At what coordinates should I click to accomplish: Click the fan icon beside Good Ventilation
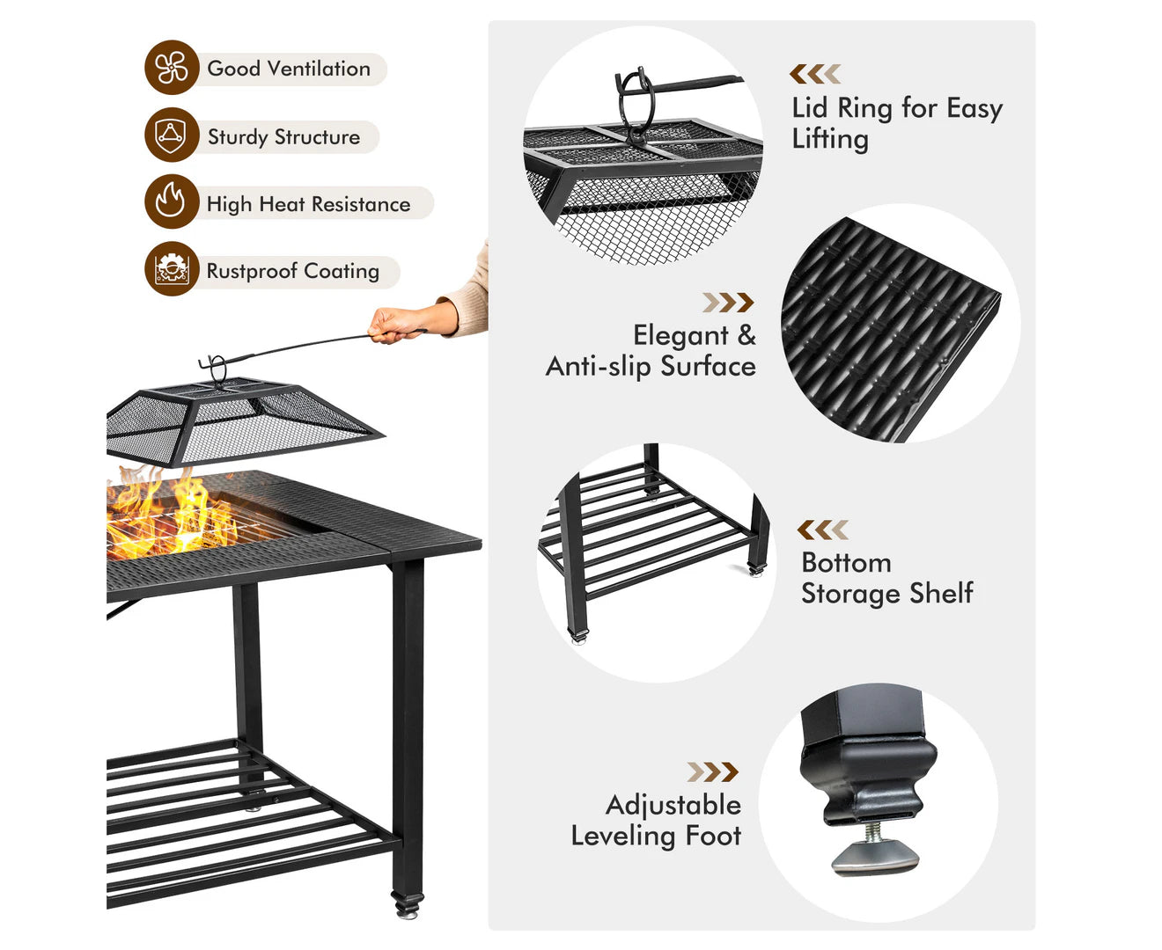[x=172, y=68]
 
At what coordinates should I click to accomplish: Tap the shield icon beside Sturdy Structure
[x=172, y=135]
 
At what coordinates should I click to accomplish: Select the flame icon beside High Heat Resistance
[x=172, y=201]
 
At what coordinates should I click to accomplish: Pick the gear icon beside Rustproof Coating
[x=172, y=269]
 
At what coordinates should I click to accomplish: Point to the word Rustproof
[x=252, y=272]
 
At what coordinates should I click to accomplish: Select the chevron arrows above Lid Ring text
[x=815, y=74]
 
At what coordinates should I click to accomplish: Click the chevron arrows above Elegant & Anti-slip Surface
[x=728, y=303]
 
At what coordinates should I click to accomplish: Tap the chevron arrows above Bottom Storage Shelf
[x=822, y=530]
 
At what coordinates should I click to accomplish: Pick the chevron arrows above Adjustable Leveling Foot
[x=712, y=771]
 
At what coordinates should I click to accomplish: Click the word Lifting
[x=830, y=139]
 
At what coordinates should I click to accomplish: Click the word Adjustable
[x=673, y=805]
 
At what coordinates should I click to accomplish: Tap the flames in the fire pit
[x=172, y=514]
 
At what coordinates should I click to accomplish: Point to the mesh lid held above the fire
[x=241, y=420]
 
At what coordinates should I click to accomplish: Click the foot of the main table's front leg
[x=408, y=906]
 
